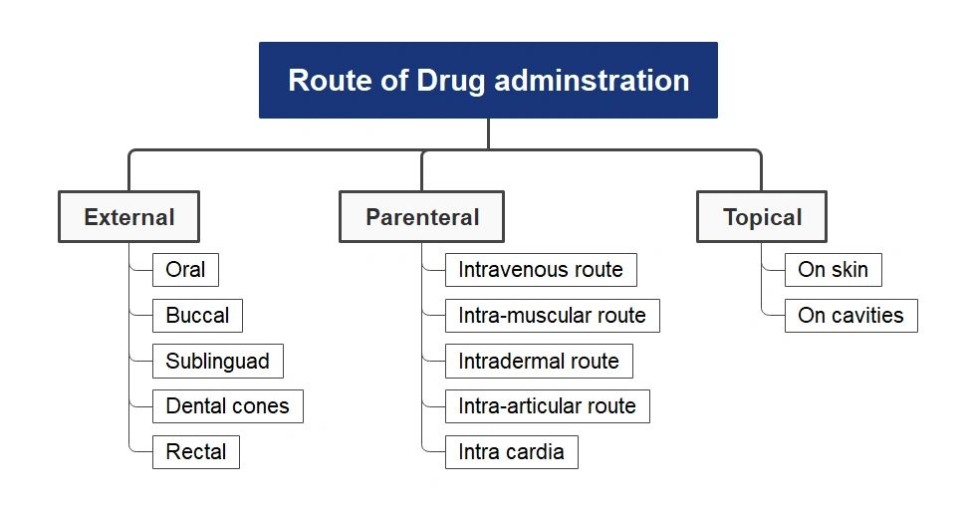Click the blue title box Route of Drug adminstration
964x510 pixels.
pyautogui.click(x=488, y=80)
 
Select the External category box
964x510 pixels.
pyautogui.click(x=128, y=217)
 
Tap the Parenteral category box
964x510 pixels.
pyautogui.click(x=421, y=217)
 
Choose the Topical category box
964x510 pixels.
pyautogui.click(x=762, y=217)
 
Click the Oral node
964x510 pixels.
pyautogui.click(x=185, y=270)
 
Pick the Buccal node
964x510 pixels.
pyautogui.click(x=197, y=316)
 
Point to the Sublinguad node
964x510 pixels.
pyautogui.click(x=217, y=361)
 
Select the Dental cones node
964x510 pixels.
pyautogui.click(x=227, y=406)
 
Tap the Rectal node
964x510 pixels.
pyautogui.click(x=195, y=451)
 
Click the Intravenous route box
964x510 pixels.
pyautogui.click(x=541, y=270)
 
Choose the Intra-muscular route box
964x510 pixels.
pyautogui.click(x=552, y=316)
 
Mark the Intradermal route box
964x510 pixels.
pyautogui.click(x=539, y=361)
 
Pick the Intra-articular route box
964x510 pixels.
pyautogui.click(x=547, y=406)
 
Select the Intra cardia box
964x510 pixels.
pyautogui.click(x=511, y=451)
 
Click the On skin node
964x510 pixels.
pyautogui.click(x=833, y=270)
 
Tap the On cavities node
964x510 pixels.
pyautogui.click(x=850, y=316)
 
